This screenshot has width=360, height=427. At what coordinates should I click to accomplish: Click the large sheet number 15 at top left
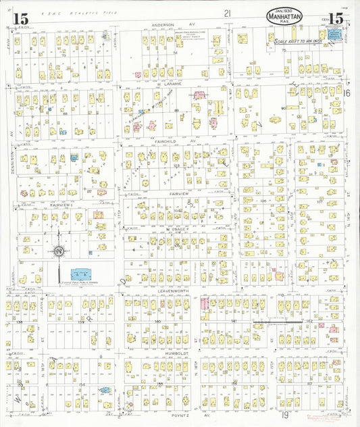[x=20, y=19]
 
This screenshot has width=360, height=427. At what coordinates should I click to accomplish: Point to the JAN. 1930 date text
[x=284, y=7]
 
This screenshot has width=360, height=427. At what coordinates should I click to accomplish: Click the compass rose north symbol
[x=59, y=251]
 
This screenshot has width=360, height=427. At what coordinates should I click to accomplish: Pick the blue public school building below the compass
[x=81, y=274]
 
